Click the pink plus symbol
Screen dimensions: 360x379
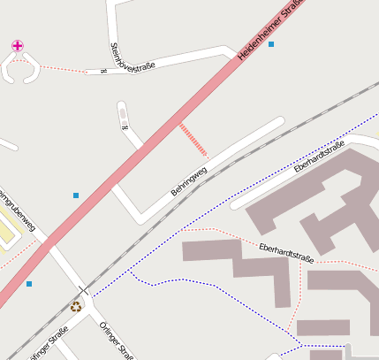18,45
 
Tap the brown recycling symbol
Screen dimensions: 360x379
76,307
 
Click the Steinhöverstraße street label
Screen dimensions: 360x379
132,57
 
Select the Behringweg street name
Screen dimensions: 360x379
188,180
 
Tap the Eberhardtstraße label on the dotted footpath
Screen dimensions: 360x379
287,252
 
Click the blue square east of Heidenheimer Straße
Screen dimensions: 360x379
271,44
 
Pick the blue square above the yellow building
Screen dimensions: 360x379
76,195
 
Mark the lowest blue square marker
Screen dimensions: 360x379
29,284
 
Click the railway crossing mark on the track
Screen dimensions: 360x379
83,290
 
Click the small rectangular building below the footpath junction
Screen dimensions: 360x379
322,327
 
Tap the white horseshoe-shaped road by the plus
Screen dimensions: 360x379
19,69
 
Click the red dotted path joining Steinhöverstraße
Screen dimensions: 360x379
62,67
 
